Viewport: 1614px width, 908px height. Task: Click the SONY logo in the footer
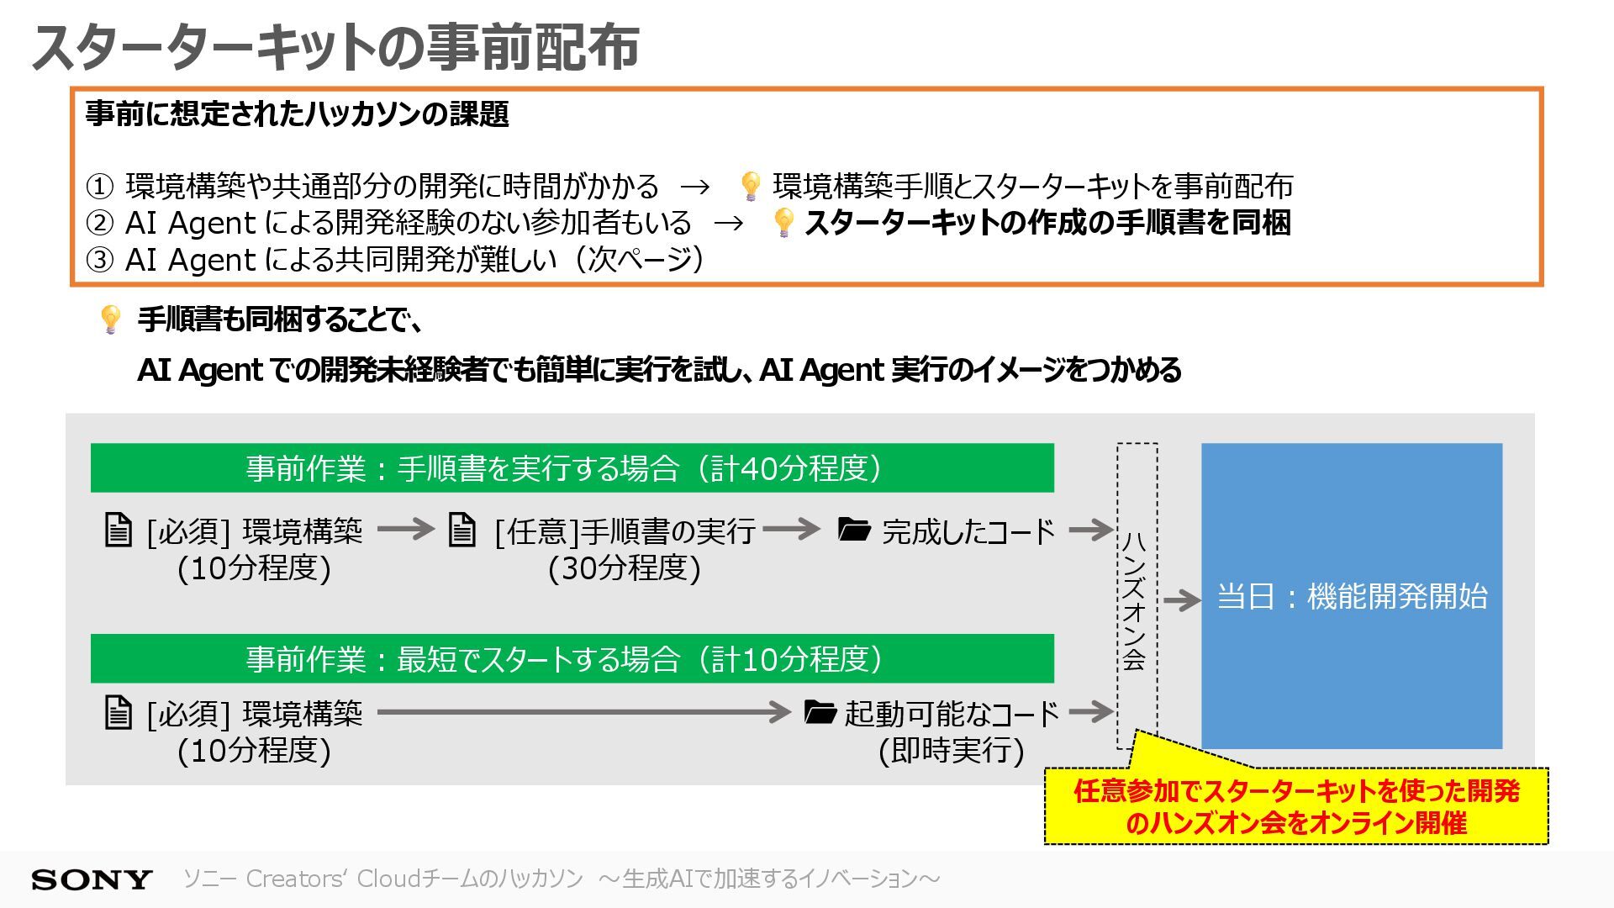(x=91, y=879)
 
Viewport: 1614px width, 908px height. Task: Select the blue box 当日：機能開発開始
(x=1351, y=595)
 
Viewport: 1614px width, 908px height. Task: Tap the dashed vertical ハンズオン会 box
(x=1137, y=595)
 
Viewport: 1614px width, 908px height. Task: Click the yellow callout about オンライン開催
(x=1295, y=807)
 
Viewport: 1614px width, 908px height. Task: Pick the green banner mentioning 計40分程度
(x=572, y=468)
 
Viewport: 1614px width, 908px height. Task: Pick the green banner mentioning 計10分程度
(x=572, y=658)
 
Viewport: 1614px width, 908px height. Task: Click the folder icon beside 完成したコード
(x=854, y=530)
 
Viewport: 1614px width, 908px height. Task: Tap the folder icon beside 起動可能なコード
(x=820, y=712)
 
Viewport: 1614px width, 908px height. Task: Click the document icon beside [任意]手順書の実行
(x=462, y=530)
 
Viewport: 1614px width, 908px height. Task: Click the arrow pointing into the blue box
(x=1181, y=600)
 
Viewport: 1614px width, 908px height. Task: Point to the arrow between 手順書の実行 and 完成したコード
(x=791, y=529)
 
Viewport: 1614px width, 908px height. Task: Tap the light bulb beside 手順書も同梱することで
(x=110, y=319)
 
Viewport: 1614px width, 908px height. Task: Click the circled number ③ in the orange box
(x=99, y=260)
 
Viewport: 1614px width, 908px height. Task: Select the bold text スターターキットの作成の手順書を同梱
(x=1047, y=223)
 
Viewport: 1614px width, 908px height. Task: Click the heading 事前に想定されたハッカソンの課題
(x=297, y=113)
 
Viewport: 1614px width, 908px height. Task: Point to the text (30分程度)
(x=624, y=568)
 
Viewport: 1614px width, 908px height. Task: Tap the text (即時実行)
(x=951, y=750)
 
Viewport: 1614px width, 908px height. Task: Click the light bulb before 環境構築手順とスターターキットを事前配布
(x=750, y=186)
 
